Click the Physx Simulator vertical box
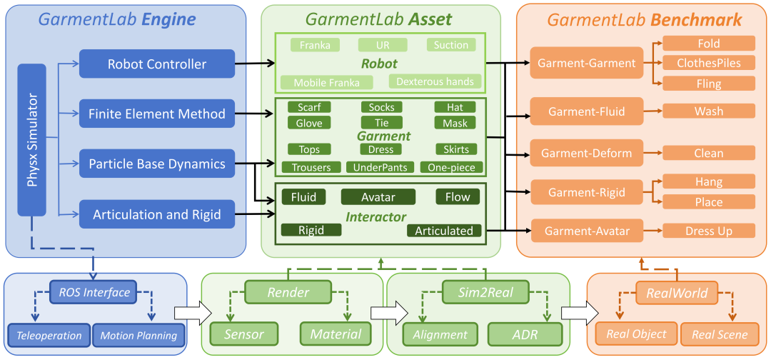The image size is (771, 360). pos(32,140)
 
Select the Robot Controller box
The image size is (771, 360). pos(157,64)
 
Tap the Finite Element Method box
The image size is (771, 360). pos(157,114)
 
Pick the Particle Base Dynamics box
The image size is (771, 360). pos(157,164)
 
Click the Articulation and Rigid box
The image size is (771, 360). pos(157,214)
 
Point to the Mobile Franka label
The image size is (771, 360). pos(319,83)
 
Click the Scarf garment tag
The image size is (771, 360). pos(309,107)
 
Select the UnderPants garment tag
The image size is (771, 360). pos(377,167)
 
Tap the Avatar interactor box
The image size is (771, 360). pos(378,197)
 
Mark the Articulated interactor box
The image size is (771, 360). pos(444,231)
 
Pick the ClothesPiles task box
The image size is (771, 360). pos(709,62)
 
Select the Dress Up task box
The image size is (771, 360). pos(709,231)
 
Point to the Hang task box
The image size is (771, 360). pos(709,182)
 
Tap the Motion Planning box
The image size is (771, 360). pos(138,336)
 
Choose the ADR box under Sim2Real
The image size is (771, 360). pos(524,335)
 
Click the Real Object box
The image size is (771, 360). pos(636,335)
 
